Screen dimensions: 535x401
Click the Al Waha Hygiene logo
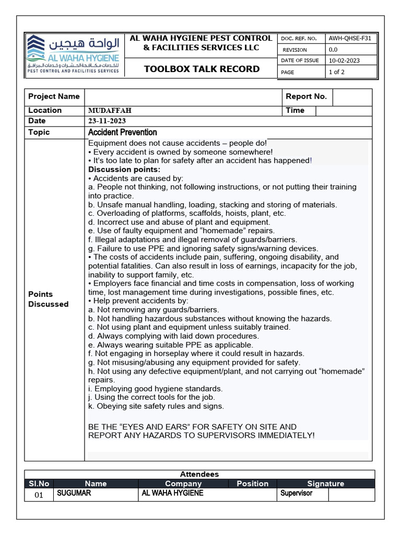click(74, 54)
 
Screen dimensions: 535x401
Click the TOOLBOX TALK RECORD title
click(202, 69)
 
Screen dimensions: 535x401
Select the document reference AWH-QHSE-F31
click(350, 38)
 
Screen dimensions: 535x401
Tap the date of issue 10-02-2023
click(344, 61)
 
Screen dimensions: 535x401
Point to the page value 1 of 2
click(336, 72)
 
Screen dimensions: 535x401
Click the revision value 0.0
click(333, 50)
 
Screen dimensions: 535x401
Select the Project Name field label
click(54, 97)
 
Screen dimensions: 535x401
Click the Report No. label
click(306, 97)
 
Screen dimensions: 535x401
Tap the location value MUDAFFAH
click(110, 111)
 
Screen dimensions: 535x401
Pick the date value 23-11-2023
click(107, 121)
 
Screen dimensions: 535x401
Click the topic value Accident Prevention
click(123, 133)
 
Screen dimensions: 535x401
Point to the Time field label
click(295, 111)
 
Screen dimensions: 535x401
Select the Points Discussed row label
click(48, 299)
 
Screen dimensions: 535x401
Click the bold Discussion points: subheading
click(124, 169)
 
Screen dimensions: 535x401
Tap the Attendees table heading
click(199, 474)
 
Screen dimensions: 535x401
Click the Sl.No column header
click(39, 484)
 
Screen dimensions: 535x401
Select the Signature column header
click(325, 484)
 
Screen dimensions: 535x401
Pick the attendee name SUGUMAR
click(74, 493)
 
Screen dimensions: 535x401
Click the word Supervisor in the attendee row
click(296, 493)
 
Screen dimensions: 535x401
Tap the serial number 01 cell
click(39, 495)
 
